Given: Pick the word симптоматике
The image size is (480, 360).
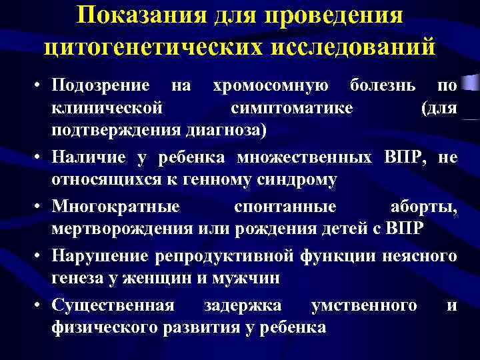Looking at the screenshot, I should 293,107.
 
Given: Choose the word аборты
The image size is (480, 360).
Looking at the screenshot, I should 424,208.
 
